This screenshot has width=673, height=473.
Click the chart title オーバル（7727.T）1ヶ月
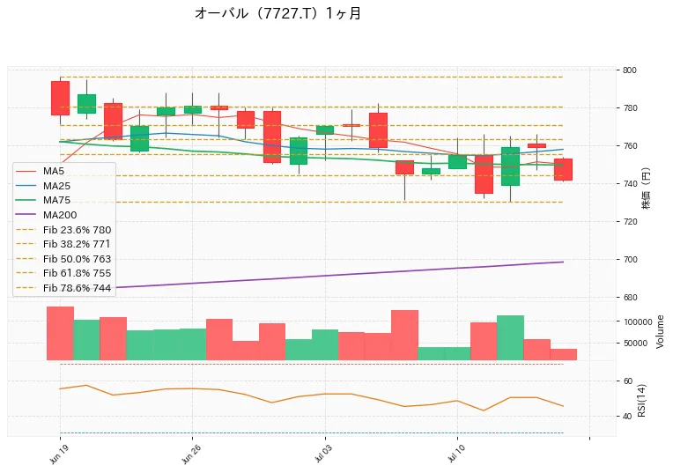277,13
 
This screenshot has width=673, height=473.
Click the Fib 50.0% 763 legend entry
63,259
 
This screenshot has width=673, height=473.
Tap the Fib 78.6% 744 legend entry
63,288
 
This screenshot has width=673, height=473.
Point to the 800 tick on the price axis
630,70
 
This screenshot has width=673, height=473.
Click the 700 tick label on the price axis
630,259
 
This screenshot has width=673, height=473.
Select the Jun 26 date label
191,455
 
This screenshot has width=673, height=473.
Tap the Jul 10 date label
456,455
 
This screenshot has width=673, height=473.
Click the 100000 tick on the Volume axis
638,321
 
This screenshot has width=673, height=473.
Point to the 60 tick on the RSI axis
627,381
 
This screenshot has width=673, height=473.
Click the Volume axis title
660,331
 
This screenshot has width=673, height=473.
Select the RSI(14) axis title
641,400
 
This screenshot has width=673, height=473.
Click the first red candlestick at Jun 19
60,99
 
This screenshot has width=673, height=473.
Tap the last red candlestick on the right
563,169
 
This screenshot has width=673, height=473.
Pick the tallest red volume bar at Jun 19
60,334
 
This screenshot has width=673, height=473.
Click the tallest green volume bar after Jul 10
510,338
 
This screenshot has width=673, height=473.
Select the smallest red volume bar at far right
564,355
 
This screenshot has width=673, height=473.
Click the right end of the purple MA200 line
563,262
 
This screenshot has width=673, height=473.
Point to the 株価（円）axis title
646,188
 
